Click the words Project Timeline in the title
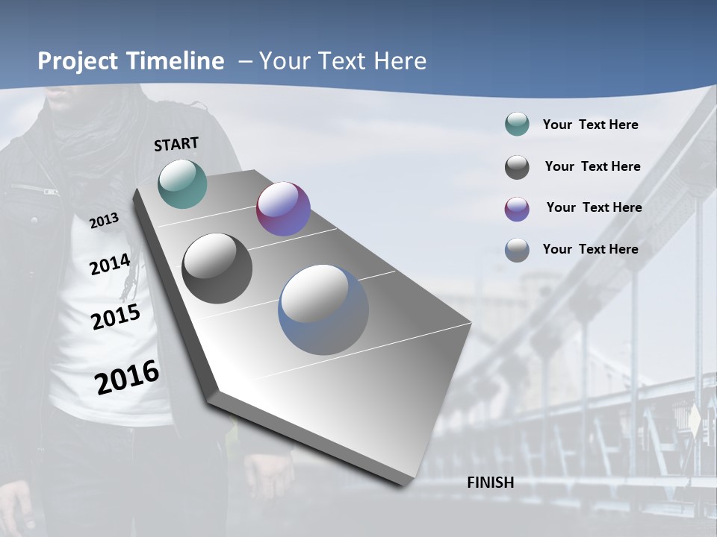click(x=131, y=61)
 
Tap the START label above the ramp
click(x=176, y=144)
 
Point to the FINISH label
click(x=491, y=483)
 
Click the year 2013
click(x=105, y=221)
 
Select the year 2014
click(x=111, y=264)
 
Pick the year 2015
click(x=116, y=317)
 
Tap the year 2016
click(x=127, y=377)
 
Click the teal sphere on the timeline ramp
click(x=183, y=183)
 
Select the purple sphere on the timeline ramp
click(x=283, y=209)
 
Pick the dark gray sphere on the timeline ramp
click(x=217, y=268)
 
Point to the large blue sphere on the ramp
click(x=323, y=310)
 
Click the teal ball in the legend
click(x=517, y=125)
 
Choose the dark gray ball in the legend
click(x=517, y=167)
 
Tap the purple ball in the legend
click(x=517, y=209)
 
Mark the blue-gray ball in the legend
click(x=517, y=250)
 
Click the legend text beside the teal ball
click(x=590, y=125)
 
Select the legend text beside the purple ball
click(x=594, y=207)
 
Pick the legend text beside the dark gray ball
click(x=592, y=166)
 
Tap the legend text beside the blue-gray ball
click(x=590, y=249)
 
